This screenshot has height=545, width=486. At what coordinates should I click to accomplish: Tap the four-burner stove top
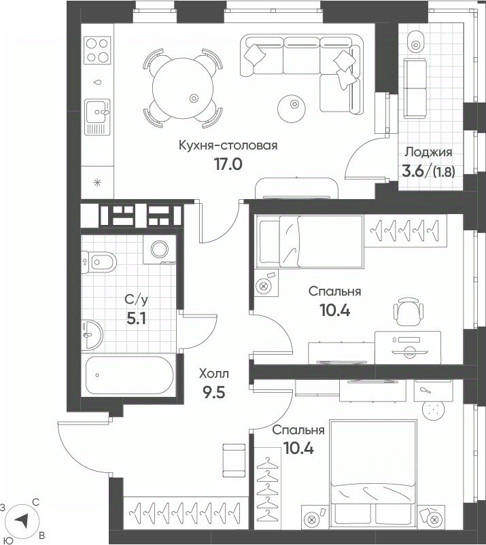tap(97, 50)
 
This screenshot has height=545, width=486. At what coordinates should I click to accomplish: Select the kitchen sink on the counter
tap(97, 117)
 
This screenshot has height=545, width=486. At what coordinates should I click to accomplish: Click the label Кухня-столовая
tap(228, 145)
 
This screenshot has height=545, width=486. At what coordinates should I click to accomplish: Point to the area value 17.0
tap(228, 164)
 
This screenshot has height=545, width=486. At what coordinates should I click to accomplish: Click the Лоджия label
tap(429, 152)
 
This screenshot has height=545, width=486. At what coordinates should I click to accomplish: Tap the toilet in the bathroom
tap(99, 262)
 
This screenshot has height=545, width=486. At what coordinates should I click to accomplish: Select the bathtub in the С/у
tap(129, 375)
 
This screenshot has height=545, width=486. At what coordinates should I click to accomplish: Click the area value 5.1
tap(136, 319)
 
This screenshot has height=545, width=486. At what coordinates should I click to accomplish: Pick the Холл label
tap(214, 374)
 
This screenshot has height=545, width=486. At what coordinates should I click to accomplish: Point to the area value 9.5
tap(214, 392)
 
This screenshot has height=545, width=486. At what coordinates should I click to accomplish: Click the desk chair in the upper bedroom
tap(409, 311)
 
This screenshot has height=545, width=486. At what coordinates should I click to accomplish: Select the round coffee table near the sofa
tap(292, 109)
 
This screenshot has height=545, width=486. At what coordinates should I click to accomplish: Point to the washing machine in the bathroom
tap(160, 249)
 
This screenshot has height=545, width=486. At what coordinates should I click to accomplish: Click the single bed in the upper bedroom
tap(309, 241)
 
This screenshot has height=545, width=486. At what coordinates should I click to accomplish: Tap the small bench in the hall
tap(230, 461)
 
